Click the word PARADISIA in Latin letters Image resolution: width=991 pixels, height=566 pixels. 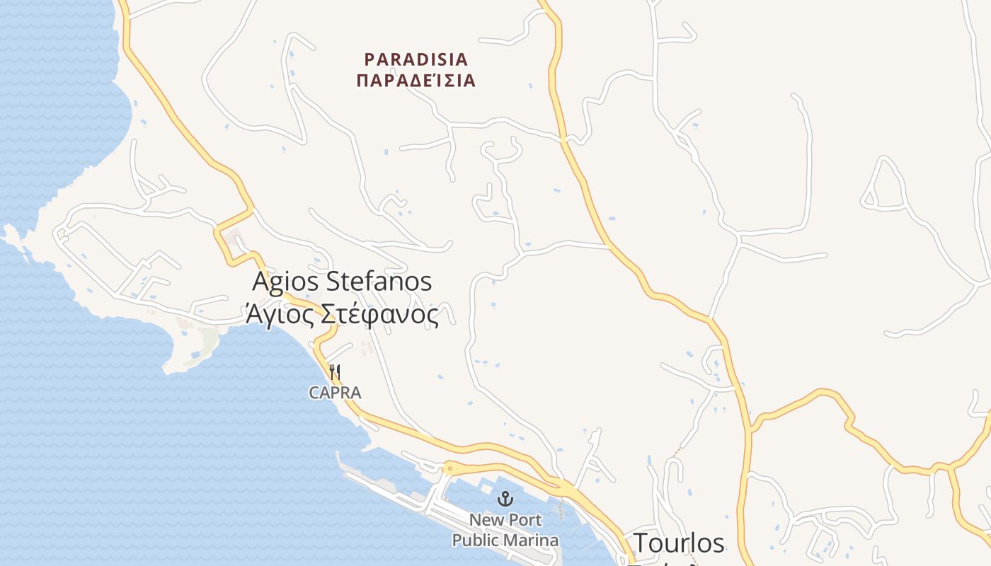click(416, 59)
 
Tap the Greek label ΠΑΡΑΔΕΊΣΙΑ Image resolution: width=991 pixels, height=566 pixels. click(416, 80)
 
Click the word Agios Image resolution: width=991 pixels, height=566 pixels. click(285, 281)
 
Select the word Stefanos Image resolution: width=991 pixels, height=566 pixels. click(379, 281)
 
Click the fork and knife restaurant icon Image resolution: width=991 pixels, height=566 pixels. click(336, 372)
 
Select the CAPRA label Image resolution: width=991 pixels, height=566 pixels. click(335, 393)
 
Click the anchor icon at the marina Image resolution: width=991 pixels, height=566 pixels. click(505, 499)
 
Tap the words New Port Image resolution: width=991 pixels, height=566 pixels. click(505, 520)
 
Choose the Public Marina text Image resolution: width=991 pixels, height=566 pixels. click(505, 541)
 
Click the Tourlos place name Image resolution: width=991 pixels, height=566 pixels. click(679, 543)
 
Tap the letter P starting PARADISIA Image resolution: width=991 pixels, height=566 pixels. click(369, 59)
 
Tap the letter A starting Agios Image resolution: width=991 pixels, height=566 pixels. click(262, 281)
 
